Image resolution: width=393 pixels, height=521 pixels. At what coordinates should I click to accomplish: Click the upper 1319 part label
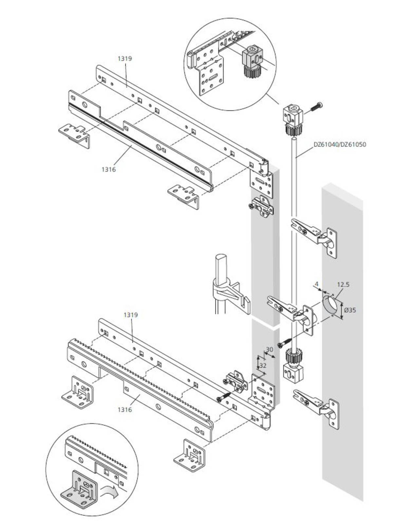tap(125, 58)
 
